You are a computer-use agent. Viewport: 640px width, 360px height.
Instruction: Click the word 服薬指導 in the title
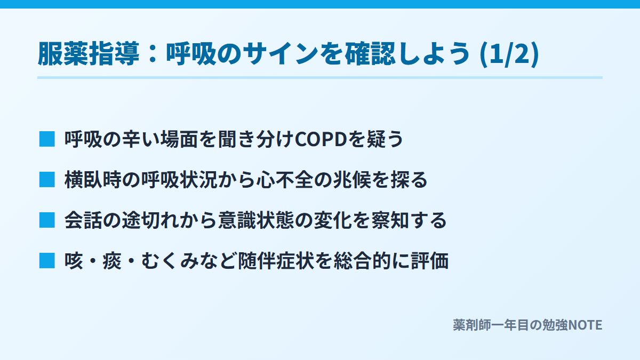point(89,54)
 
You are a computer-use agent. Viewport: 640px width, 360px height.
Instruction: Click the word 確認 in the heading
point(370,54)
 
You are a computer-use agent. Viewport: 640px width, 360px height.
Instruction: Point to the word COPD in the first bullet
point(321,139)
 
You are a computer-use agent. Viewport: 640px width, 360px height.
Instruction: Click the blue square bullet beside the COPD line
point(47,139)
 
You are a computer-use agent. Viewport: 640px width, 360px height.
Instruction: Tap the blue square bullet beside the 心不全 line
point(47,180)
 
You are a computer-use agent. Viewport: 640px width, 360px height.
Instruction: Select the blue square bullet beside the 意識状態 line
point(47,220)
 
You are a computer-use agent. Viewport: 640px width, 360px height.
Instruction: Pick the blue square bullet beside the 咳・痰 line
point(47,261)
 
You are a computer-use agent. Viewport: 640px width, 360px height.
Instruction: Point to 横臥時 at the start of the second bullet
point(93,180)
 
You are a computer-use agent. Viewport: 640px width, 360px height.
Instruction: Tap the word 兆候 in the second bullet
point(351,180)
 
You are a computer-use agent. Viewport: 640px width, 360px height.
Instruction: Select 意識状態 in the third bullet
point(256,221)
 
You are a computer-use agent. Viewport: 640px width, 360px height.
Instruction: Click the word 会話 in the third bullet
point(83,221)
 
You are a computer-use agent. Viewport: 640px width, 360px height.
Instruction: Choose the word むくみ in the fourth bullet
point(170,261)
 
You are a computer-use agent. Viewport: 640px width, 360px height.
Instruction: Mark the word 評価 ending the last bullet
point(430,261)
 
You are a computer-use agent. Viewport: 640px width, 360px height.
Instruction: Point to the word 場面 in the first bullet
point(179,139)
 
